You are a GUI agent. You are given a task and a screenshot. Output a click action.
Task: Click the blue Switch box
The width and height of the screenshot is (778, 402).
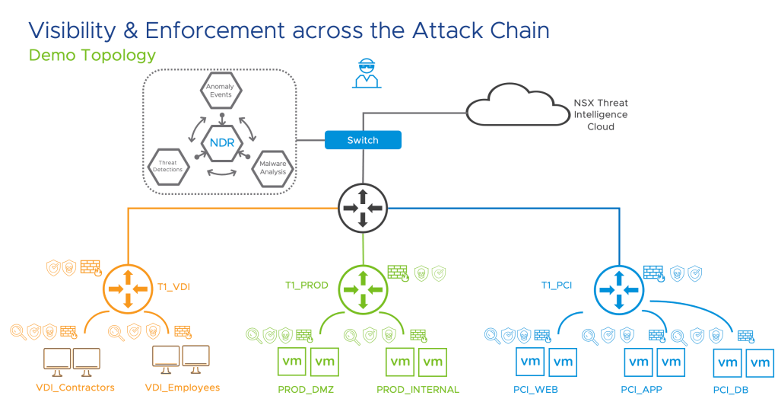pyautogui.click(x=362, y=140)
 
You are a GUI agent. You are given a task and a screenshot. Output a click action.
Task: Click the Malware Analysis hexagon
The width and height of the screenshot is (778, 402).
pyautogui.click(x=272, y=167)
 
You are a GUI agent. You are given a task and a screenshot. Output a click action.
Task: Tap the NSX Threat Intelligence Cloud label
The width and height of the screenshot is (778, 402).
pyautogui.click(x=600, y=115)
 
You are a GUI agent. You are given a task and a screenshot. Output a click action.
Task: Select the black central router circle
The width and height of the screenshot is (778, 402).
pyautogui.click(x=362, y=207)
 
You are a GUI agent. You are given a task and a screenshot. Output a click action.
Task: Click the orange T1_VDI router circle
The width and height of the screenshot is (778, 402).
pyautogui.click(x=128, y=289)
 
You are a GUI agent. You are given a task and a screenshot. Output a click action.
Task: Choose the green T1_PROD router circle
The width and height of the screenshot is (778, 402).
pyautogui.click(x=362, y=289)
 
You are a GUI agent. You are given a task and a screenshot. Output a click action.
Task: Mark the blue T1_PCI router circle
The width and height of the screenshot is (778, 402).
pyautogui.click(x=618, y=289)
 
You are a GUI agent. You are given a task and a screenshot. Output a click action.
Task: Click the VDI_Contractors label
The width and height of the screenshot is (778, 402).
pyautogui.click(x=75, y=388)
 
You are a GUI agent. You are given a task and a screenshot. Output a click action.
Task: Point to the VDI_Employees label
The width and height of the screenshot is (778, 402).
pyautogui.click(x=182, y=388)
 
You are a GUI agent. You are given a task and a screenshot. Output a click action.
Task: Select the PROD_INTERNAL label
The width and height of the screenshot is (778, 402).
pyautogui.click(x=418, y=390)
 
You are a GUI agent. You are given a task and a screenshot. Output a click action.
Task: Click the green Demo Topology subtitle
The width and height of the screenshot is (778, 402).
pyautogui.click(x=92, y=56)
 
